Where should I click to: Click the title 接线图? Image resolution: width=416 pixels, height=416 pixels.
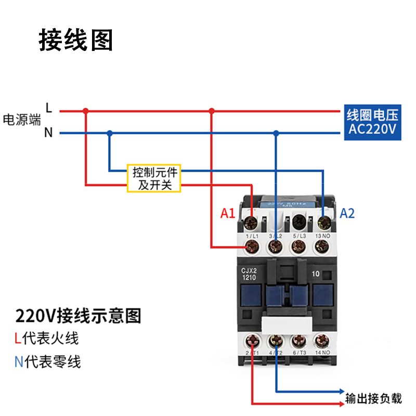[76, 41]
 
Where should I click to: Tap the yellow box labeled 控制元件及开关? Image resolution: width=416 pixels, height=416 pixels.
[154, 178]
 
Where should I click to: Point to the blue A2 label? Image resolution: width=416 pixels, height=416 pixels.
[347, 213]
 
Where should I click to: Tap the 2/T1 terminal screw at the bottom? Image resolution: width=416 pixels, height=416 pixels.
[253, 341]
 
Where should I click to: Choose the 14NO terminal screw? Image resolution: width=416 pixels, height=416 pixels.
[322, 341]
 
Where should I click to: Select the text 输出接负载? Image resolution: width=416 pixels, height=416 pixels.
[374, 398]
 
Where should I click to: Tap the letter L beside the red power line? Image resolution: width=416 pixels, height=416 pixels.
[48, 108]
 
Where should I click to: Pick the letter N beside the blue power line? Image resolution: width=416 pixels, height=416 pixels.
[48, 133]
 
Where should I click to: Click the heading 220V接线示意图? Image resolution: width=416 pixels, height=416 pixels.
[79, 315]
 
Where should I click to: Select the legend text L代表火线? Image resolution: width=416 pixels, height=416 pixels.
[47, 339]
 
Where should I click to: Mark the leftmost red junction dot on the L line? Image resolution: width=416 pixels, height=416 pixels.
[86, 110]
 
